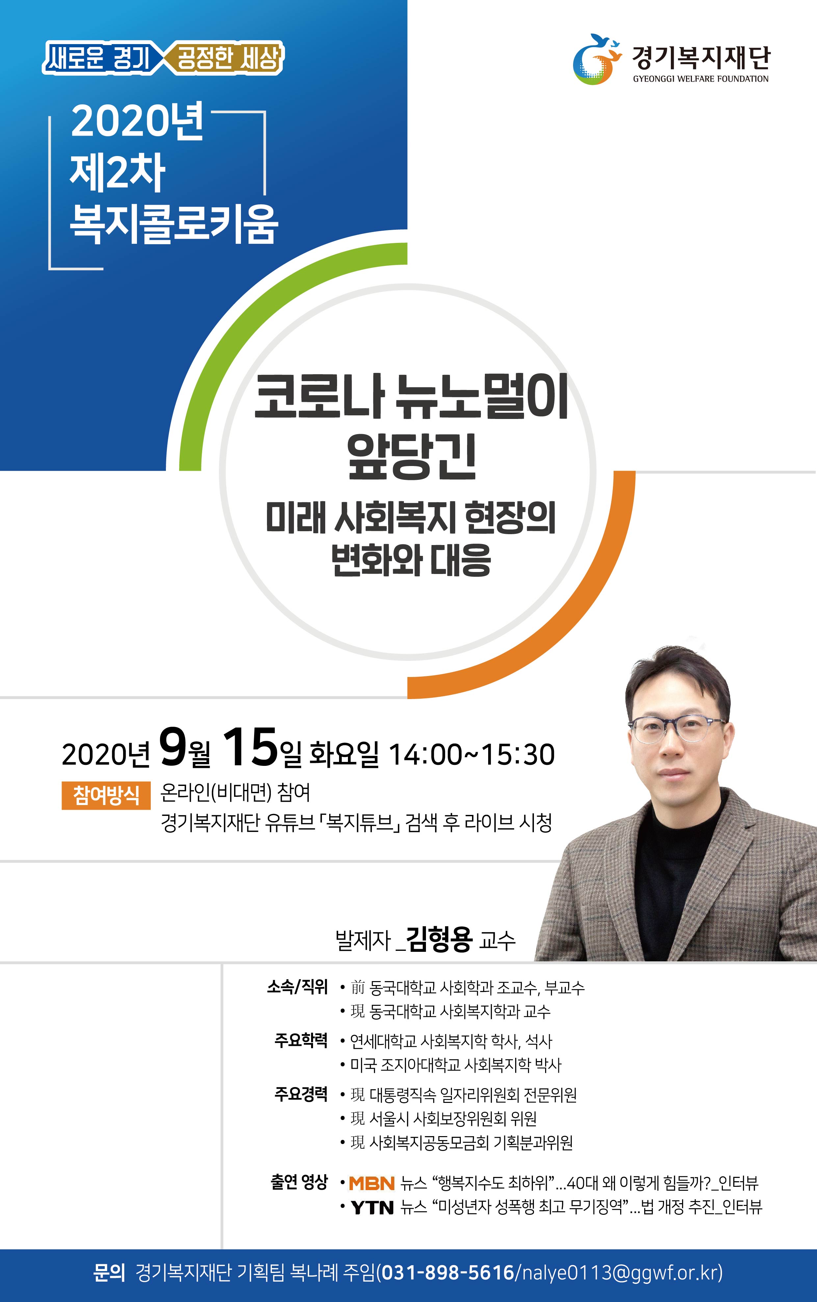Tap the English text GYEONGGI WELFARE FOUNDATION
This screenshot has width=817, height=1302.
[x=701, y=79]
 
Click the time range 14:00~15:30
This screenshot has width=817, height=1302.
[x=471, y=755]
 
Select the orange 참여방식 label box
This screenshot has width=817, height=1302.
[x=106, y=795]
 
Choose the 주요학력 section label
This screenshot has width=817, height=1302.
[x=301, y=1040]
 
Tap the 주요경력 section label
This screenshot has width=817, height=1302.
[x=301, y=1094]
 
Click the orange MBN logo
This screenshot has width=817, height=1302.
[x=372, y=1184]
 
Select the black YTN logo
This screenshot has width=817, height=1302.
[x=372, y=1208]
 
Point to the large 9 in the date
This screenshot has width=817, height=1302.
[x=173, y=747]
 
